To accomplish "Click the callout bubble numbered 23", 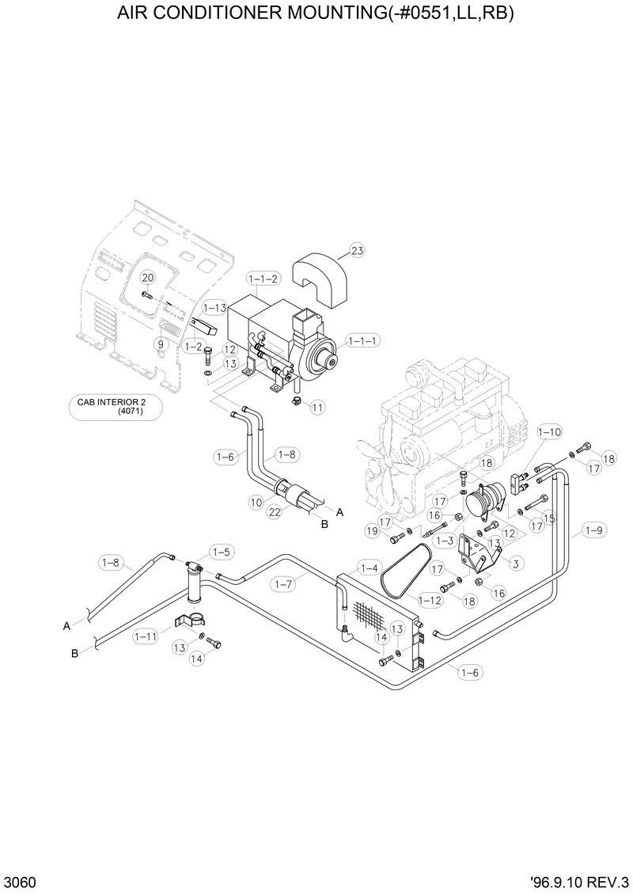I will coord(357,251).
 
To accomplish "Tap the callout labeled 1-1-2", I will coord(263,279).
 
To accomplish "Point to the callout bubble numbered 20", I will coord(147,277).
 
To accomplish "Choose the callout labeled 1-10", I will coord(549,432).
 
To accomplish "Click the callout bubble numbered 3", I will coord(515,564).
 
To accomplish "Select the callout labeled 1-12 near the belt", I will coord(430,601).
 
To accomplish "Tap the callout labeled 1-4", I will coord(369,568).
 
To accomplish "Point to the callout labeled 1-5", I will coord(221,552).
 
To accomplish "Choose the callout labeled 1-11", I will coord(146,635).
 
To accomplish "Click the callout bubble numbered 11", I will coord(317,408).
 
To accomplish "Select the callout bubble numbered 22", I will coord(275,512).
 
